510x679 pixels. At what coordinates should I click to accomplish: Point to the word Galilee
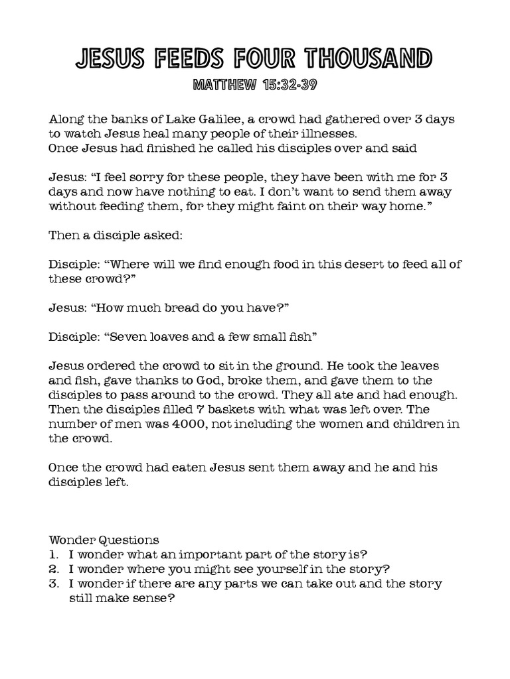[x=212, y=119]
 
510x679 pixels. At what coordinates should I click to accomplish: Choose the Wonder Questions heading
[x=104, y=540]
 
